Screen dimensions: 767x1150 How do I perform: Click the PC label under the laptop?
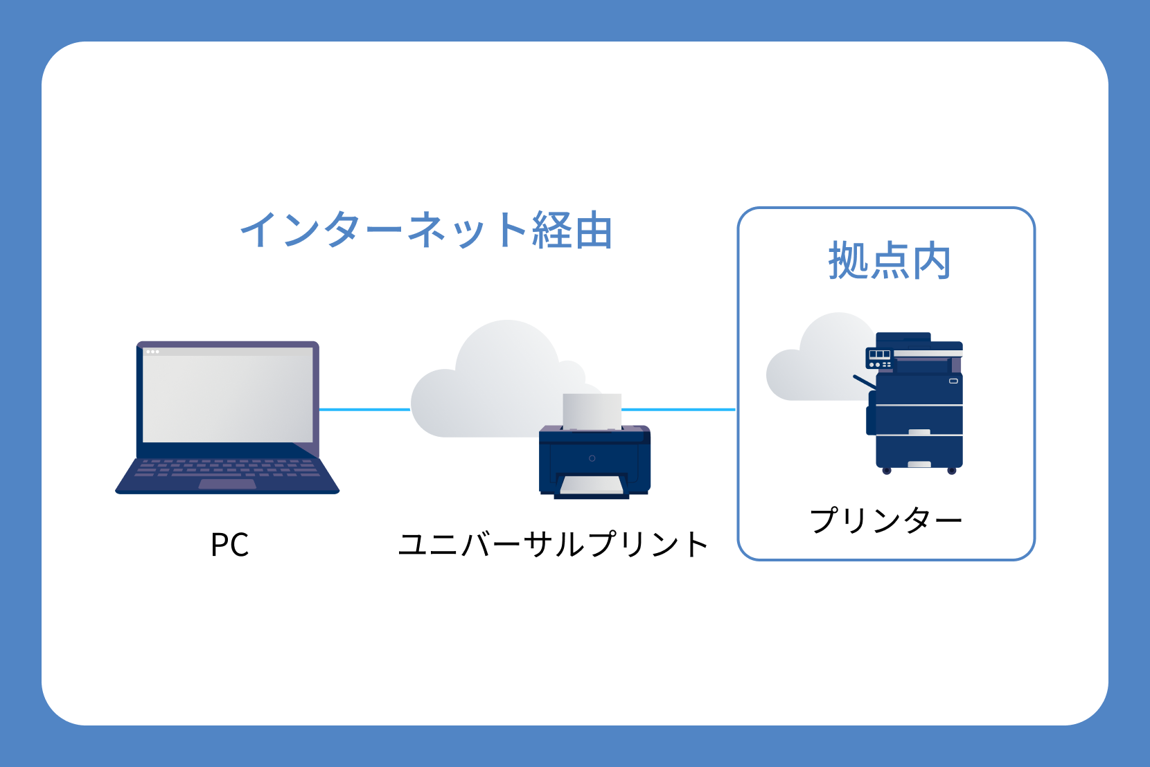(x=229, y=545)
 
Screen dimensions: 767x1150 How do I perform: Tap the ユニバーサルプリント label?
(x=553, y=545)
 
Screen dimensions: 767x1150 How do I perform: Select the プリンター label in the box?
(x=886, y=520)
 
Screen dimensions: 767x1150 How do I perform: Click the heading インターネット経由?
(x=426, y=231)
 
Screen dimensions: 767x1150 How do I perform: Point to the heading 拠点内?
(x=889, y=261)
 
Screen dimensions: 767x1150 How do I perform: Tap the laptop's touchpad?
(x=227, y=484)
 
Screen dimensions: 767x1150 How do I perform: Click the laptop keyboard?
(x=227, y=467)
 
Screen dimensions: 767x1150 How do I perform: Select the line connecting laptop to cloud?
(x=364, y=410)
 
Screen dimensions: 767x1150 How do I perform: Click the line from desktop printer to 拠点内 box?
(x=678, y=410)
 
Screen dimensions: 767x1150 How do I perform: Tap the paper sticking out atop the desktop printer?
(x=592, y=411)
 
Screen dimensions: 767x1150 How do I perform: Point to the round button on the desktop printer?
(x=592, y=458)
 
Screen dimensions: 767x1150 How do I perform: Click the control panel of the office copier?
(x=880, y=359)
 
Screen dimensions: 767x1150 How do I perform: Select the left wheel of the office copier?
(x=886, y=471)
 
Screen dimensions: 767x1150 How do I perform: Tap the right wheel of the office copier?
(x=952, y=471)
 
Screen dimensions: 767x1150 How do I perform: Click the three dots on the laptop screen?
(x=152, y=352)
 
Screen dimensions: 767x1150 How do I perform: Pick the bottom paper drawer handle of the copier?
(x=919, y=464)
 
